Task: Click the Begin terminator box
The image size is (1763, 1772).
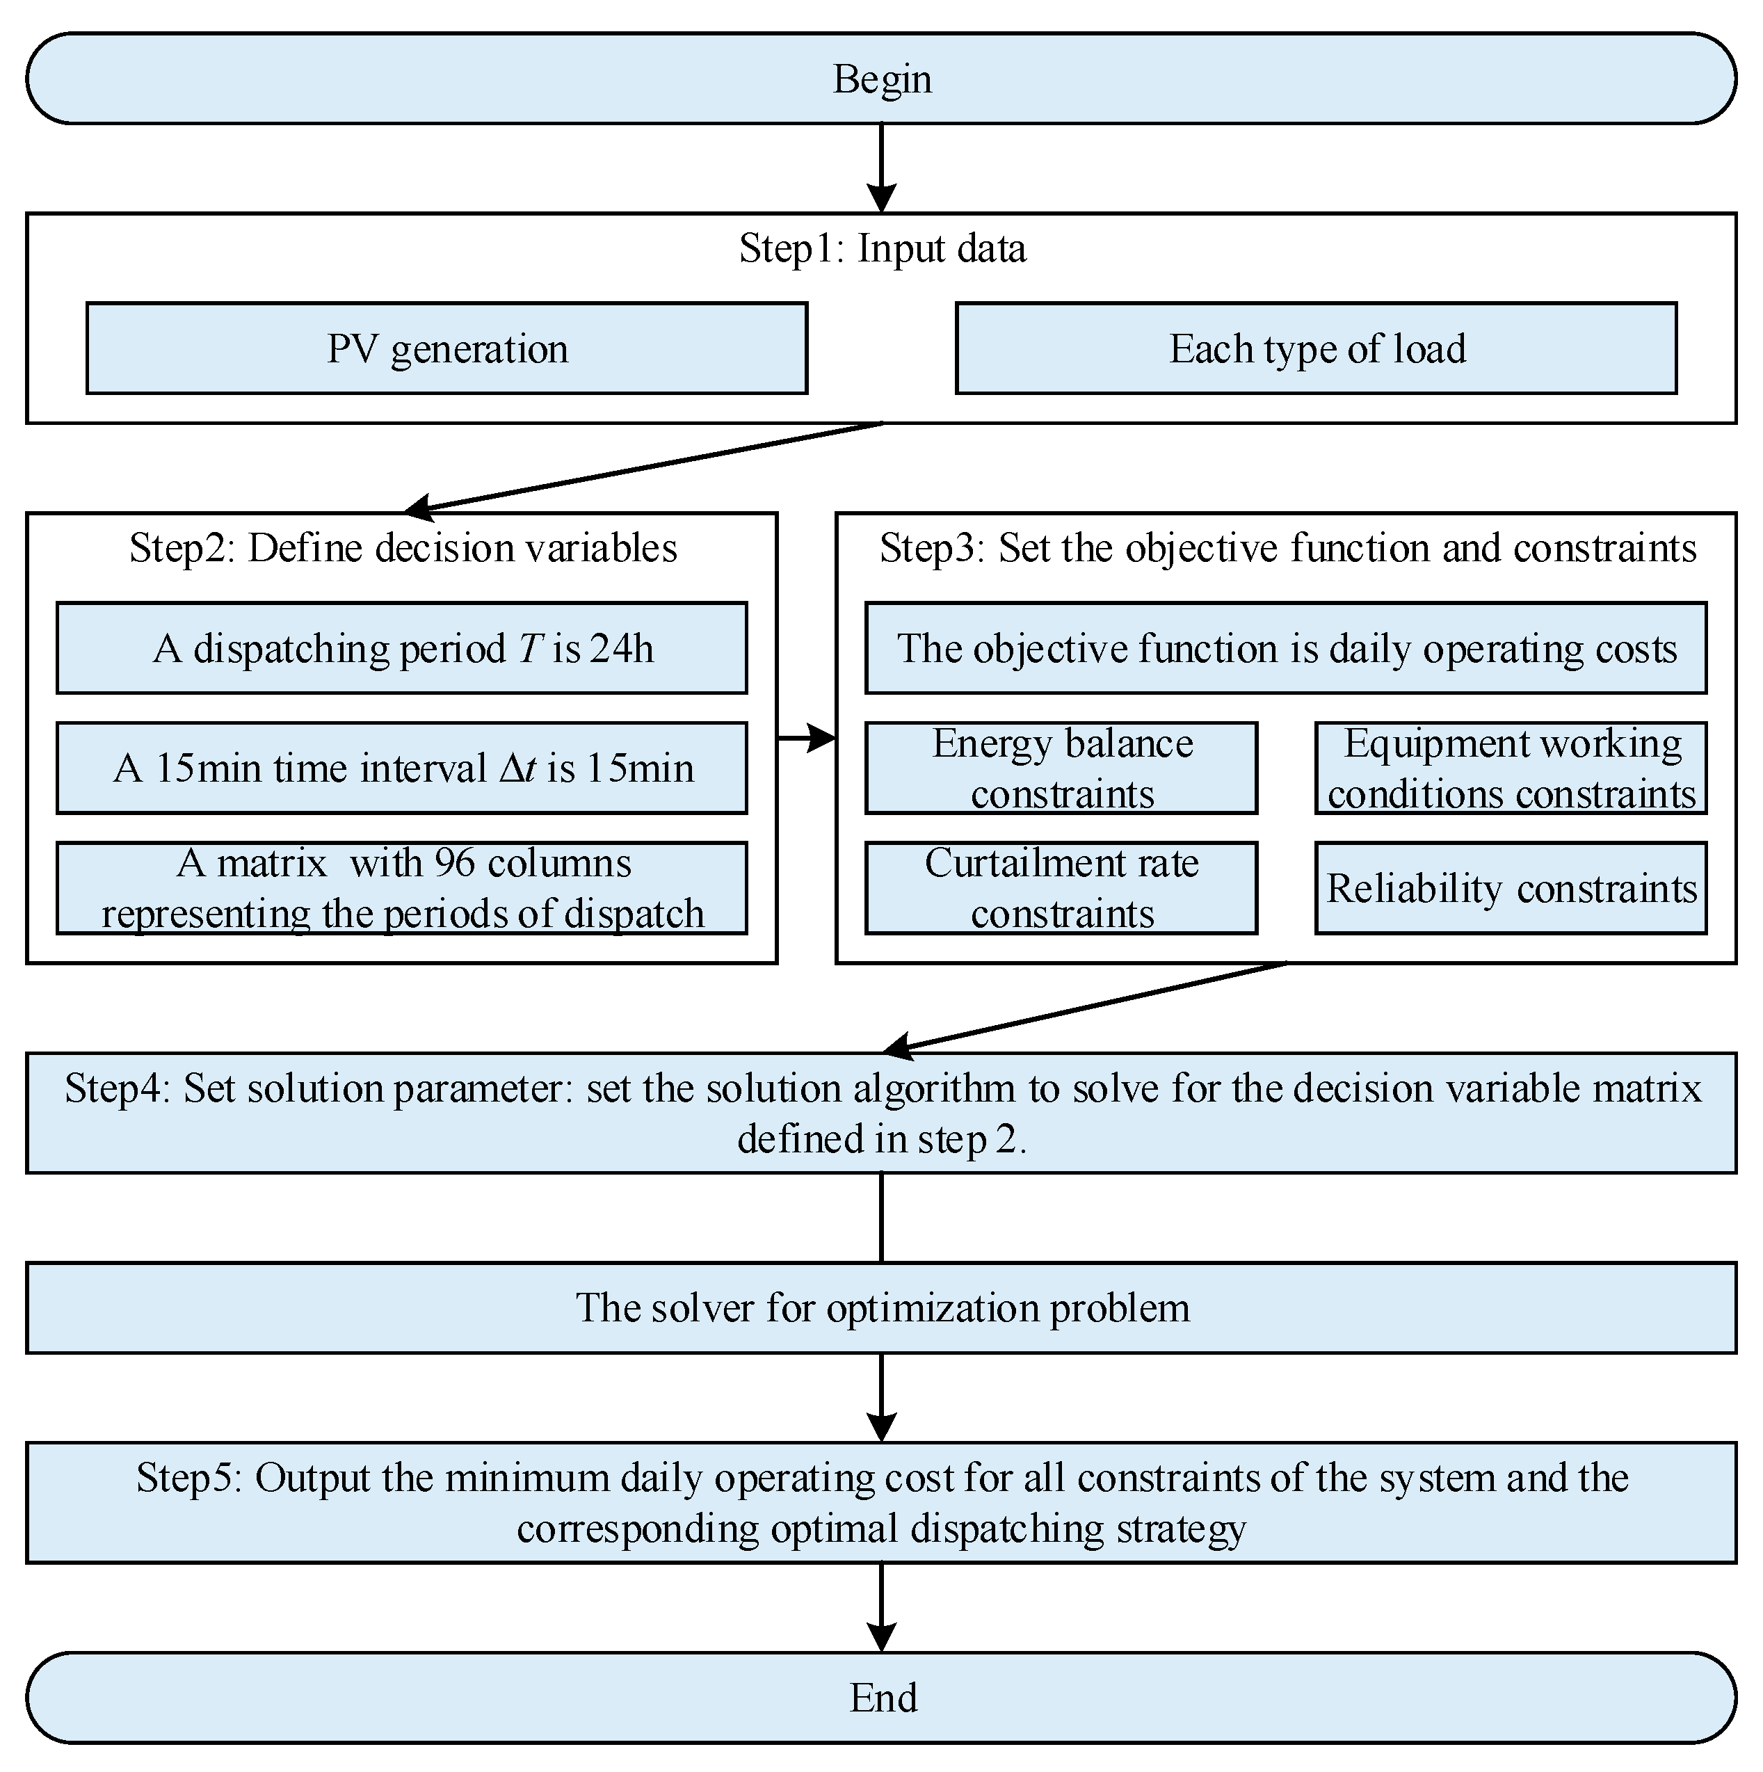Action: tap(880, 79)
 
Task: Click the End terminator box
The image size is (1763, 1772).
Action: tap(880, 1697)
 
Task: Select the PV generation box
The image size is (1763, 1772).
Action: tap(446, 348)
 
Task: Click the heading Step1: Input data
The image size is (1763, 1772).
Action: tap(882, 248)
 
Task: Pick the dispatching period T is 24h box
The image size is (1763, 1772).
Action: tap(402, 648)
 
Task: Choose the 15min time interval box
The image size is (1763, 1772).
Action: tap(402, 768)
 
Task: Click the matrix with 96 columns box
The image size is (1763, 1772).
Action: tap(402, 888)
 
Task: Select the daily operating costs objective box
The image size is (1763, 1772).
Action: tap(1285, 648)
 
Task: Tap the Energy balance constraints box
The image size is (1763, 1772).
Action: tap(1061, 768)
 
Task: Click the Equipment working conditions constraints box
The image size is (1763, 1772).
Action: tap(1511, 768)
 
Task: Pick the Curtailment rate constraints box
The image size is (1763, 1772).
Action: tap(1061, 888)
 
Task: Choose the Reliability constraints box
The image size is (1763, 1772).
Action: tap(1511, 888)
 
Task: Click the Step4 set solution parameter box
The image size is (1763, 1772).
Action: tap(880, 1113)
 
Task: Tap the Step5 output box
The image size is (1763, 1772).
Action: tap(880, 1502)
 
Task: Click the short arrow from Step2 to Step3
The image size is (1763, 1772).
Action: tap(806, 736)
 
